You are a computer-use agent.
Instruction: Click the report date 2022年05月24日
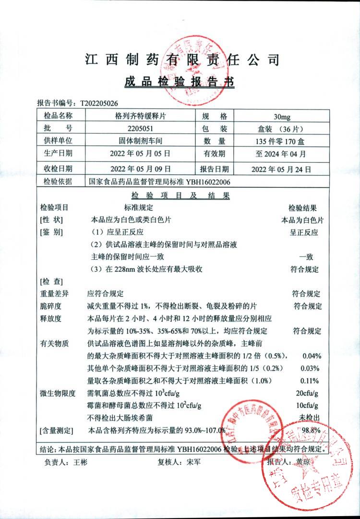282,169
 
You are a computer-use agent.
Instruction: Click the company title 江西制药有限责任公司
181,60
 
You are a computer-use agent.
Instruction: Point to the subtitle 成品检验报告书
180,82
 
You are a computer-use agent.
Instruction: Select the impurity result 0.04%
311,356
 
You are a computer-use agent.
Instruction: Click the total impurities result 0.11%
311,381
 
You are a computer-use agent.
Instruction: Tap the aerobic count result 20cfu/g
308,393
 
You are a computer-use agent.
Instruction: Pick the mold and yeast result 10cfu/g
308,406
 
